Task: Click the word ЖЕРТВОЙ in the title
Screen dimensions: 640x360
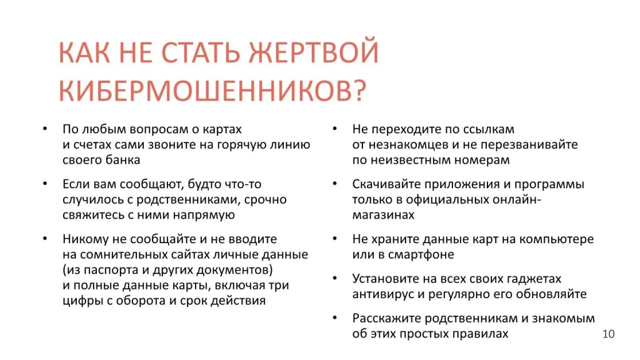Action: pyautogui.click(x=314, y=52)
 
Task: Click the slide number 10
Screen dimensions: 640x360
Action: pyautogui.click(x=608, y=334)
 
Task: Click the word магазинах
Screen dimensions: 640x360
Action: pyautogui.click(x=383, y=215)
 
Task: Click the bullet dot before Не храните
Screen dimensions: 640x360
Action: pyautogui.click(x=335, y=238)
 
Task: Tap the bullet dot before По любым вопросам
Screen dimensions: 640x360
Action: pyautogui.click(x=45, y=129)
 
